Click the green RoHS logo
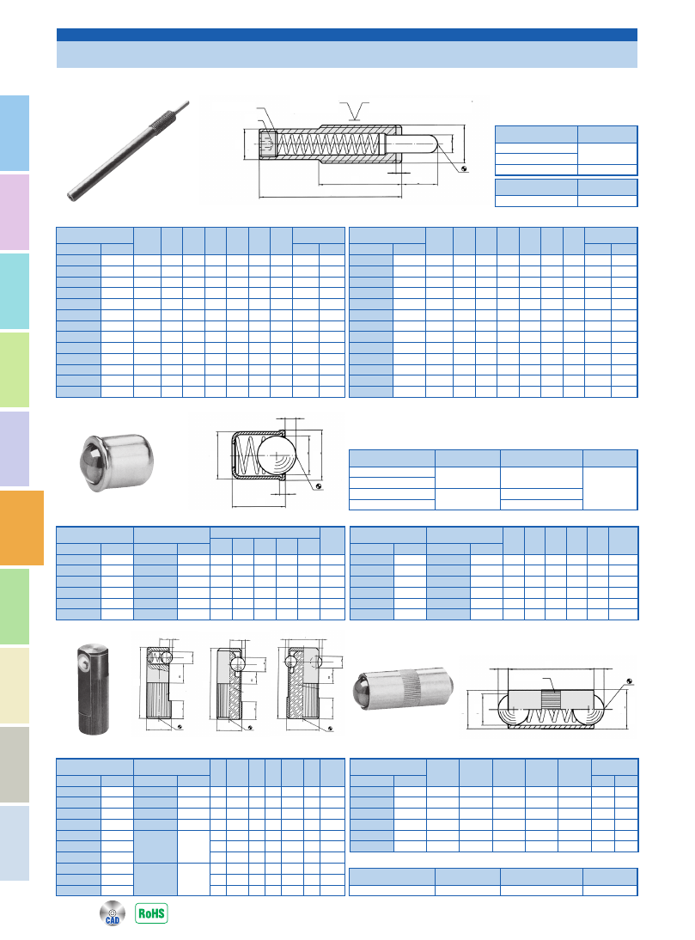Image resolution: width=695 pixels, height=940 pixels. pyautogui.click(x=151, y=913)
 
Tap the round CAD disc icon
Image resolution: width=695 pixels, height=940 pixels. pyautogui.click(x=113, y=913)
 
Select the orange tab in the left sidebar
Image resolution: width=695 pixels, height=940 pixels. pyautogui.click(x=21, y=528)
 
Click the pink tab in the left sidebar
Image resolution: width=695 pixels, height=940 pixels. pyautogui.click(x=15, y=211)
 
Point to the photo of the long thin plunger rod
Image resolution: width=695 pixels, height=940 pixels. pyautogui.click(x=128, y=150)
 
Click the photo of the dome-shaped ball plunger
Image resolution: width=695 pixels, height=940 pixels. pyautogui.click(x=116, y=462)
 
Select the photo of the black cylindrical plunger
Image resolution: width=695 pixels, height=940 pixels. pyautogui.click(x=93, y=689)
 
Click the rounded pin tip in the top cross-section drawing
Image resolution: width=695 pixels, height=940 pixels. pyautogui.click(x=436, y=144)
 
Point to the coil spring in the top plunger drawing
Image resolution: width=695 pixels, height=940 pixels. pyautogui.click(x=327, y=145)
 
